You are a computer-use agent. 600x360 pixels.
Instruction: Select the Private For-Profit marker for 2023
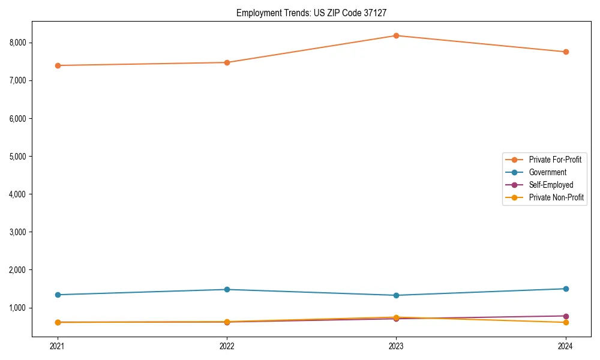click(x=396, y=35)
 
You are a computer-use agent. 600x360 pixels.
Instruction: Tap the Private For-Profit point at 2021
click(x=58, y=65)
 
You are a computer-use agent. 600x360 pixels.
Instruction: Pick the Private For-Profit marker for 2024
click(x=566, y=52)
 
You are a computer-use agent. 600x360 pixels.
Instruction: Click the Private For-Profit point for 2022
click(x=227, y=62)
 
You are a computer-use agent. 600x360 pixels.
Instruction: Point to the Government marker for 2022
click(x=227, y=289)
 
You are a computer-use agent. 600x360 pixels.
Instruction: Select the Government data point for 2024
click(x=566, y=289)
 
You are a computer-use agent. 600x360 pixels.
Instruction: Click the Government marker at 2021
click(x=58, y=295)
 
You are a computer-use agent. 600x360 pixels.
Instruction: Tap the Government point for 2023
click(x=396, y=295)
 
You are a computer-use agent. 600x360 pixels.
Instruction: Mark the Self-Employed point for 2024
click(x=566, y=316)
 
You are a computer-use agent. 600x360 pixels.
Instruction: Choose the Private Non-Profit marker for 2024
click(x=566, y=323)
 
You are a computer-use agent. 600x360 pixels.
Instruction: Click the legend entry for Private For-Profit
click(x=554, y=160)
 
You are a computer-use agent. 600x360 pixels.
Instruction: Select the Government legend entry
click(x=547, y=172)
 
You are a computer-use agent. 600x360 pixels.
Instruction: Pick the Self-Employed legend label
click(x=551, y=185)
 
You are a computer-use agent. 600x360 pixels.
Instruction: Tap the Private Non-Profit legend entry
click(x=556, y=197)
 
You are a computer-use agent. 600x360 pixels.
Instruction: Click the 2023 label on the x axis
click(x=396, y=346)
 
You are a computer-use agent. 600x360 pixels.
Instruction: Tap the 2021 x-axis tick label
click(x=58, y=346)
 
